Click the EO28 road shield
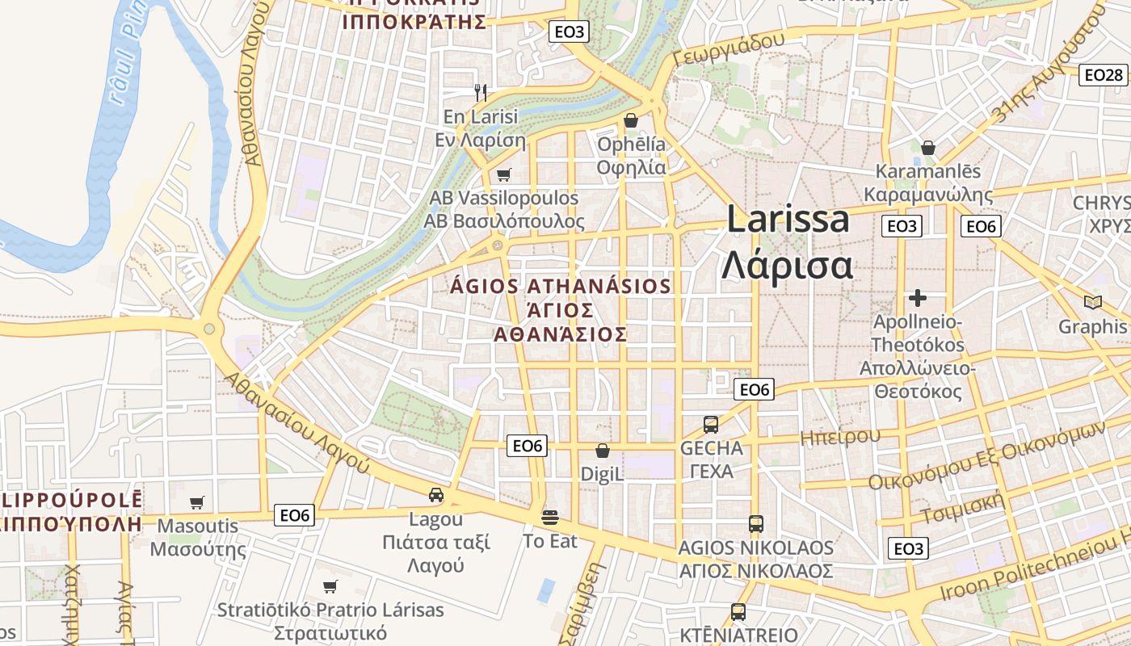tap(1104, 75)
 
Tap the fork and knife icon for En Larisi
tap(481, 92)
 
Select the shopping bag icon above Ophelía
tap(631, 120)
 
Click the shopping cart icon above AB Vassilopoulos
tap(504, 174)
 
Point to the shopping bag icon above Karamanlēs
tap(928, 148)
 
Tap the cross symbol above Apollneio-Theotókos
tap(917, 298)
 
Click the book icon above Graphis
tap(1093, 303)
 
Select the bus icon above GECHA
tap(711, 424)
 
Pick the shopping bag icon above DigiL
tap(602, 451)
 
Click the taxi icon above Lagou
tap(436, 495)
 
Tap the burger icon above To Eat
tap(550, 517)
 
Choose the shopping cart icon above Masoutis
tap(197, 502)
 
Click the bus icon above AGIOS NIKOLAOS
tap(755, 523)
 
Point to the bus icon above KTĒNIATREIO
tap(738, 611)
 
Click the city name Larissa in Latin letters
tap(788, 219)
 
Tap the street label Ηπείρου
tap(840, 437)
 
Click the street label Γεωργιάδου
tap(728, 49)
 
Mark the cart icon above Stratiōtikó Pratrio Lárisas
tap(330, 586)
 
